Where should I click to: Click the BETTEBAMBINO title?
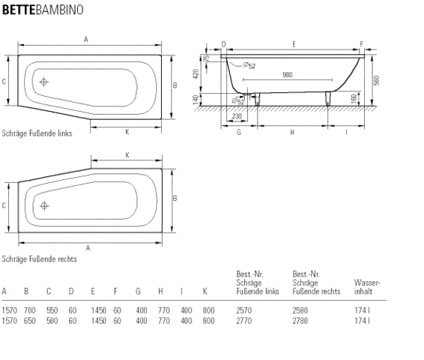click(43, 10)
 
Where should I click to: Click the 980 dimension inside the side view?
click(288, 75)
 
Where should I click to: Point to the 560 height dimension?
click(376, 80)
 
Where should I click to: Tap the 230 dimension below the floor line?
click(237, 115)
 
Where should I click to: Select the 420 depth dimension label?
click(196, 74)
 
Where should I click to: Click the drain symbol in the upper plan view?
click(43, 82)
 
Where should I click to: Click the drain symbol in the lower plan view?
click(44, 206)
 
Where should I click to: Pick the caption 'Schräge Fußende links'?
click(37, 133)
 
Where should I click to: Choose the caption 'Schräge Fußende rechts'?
click(39, 259)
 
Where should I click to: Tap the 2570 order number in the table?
click(244, 310)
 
